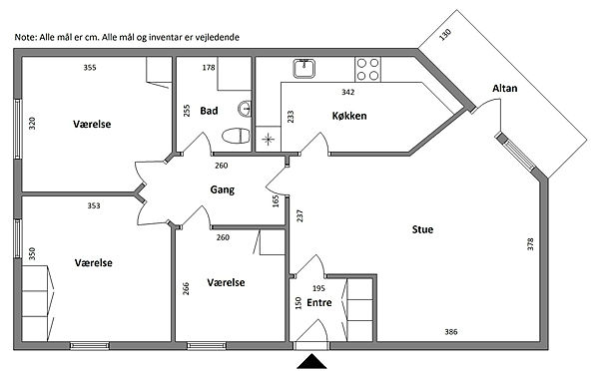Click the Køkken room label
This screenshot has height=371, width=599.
pyautogui.click(x=349, y=116)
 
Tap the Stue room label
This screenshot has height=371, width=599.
pyautogui.click(x=422, y=229)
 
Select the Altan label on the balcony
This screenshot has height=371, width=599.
pyautogui.click(x=504, y=88)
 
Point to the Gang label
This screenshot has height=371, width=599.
pyautogui.click(x=222, y=189)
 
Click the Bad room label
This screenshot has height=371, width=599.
pyautogui.click(x=209, y=111)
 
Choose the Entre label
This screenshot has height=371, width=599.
pyautogui.click(x=319, y=302)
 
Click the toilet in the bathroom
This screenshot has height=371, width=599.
pyautogui.click(x=236, y=136)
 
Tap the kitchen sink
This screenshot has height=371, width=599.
pyautogui.click(x=304, y=69)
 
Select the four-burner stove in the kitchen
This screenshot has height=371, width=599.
pyautogui.click(x=367, y=69)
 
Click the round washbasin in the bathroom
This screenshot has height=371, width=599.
pyautogui.click(x=245, y=109)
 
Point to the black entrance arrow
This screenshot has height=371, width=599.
pyautogui.click(x=312, y=361)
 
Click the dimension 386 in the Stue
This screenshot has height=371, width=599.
pyautogui.click(x=451, y=332)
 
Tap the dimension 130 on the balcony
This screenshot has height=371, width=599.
pyautogui.click(x=445, y=34)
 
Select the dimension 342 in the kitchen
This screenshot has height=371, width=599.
pyautogui.click(x=348, y=92)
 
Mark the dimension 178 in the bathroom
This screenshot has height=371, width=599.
pyautogui.click(x=209, y=68)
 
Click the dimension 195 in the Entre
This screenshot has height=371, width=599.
pyautogui.click(x=318, y=288)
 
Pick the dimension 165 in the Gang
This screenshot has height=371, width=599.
pyautogui.click(x=276, y=201)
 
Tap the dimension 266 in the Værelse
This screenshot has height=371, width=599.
pyautogui.click(x=186, y=288)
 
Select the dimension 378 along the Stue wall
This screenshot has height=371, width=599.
pyautogui.click(x=530, y=244)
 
